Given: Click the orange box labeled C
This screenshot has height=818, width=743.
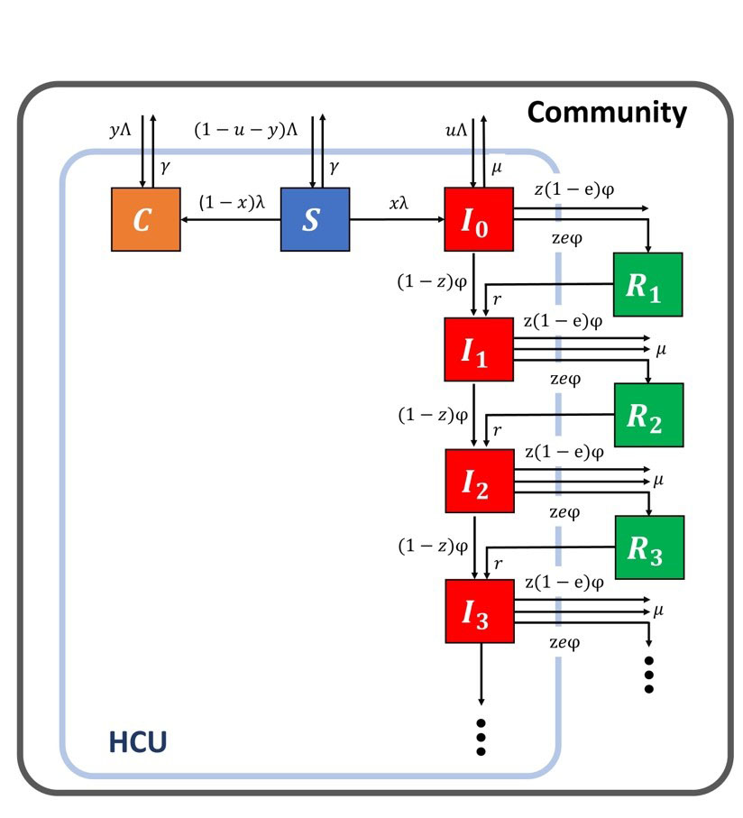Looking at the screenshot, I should click(x=145, y=219).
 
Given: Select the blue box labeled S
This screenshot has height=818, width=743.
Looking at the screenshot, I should click(x=315, y=219).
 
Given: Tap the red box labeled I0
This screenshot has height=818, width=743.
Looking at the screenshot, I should click(x=479, y=219).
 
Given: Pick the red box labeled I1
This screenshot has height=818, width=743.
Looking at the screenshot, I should click(x=479, y=348).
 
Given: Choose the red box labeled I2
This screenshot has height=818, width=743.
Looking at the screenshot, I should click(x=479, y=479).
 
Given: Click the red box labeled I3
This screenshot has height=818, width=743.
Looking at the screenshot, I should click(x=479, y=611).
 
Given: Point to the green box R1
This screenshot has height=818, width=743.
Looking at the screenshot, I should click(x=647, y=284).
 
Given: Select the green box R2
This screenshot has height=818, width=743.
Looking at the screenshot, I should click(x=647, y=415).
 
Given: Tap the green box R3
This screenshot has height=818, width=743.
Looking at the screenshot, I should click(x=647, y=547).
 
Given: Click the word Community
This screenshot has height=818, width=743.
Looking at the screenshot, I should click(x=606, y=112).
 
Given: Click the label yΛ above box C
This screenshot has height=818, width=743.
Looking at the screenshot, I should click(x=121, y=131).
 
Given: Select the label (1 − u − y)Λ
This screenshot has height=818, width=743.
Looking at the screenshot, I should click(x=246, y=130).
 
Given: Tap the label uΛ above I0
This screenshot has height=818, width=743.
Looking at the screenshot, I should click(x=456, y=131).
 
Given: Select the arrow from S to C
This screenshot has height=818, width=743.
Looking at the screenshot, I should click(x=230, y=219).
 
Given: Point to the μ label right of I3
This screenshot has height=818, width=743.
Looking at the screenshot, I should click(x=658, y=611).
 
